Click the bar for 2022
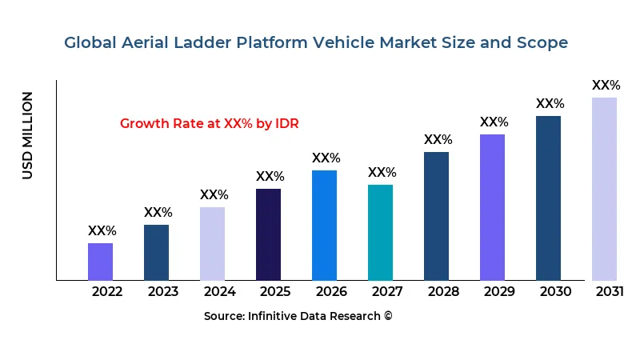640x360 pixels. coord(100,262)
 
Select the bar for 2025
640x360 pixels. coord(268,234)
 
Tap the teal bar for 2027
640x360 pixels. coord(380,233)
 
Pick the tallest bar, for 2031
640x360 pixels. coord(604,189)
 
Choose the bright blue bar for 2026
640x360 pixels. coord(324,225)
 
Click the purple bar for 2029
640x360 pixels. coord(492,207)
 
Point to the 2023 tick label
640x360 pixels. coord(163,291)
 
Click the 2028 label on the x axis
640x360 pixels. coord(443,291)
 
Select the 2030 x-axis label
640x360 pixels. coord(555,291)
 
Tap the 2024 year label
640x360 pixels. coord(219,291)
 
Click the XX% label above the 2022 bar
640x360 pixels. coord(102,230)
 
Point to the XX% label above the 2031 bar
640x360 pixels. coord(606,85)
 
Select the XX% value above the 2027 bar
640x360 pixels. coord(382,172)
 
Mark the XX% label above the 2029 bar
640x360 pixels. coord(494,122)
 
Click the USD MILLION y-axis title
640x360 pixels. coord(28,135)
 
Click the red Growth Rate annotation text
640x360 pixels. coord(209,123)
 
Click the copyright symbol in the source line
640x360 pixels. coord(388,316)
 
